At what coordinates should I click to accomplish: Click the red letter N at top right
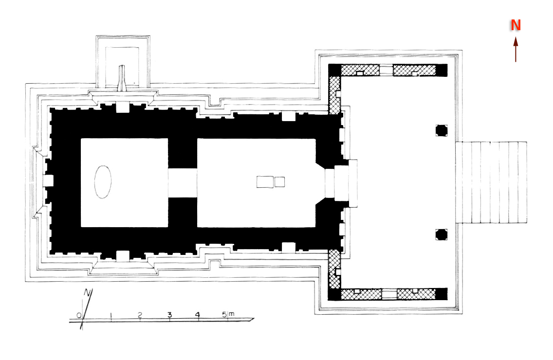pos(516,25)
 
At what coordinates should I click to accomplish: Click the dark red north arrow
pos(516,49)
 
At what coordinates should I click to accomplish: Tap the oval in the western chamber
pos(103,182)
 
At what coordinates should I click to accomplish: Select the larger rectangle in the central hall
pos(265,182)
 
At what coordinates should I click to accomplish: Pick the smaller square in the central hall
pos(280,182)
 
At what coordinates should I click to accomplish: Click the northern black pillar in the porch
pos(441,130)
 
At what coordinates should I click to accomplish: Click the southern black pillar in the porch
pos(441,234)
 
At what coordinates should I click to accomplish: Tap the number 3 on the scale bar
pos(169,315)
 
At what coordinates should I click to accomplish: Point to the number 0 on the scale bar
pos(79,315)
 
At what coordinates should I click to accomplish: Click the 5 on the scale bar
pos(224,315)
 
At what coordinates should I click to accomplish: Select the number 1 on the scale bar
pos(111,315)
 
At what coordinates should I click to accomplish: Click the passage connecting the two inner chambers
pos(183,183)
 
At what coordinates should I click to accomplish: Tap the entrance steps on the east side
pos(491,182)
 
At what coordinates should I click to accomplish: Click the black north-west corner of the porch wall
pos(334,70)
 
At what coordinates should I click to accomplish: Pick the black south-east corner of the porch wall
pos(441,294)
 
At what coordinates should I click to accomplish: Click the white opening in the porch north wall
pos(386,70)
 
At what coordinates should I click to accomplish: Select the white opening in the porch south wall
pos(389,294)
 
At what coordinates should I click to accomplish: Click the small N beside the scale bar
pos(88,292)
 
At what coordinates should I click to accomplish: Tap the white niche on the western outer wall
pos(48,180)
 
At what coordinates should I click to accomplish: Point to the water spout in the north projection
pos(122,78)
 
